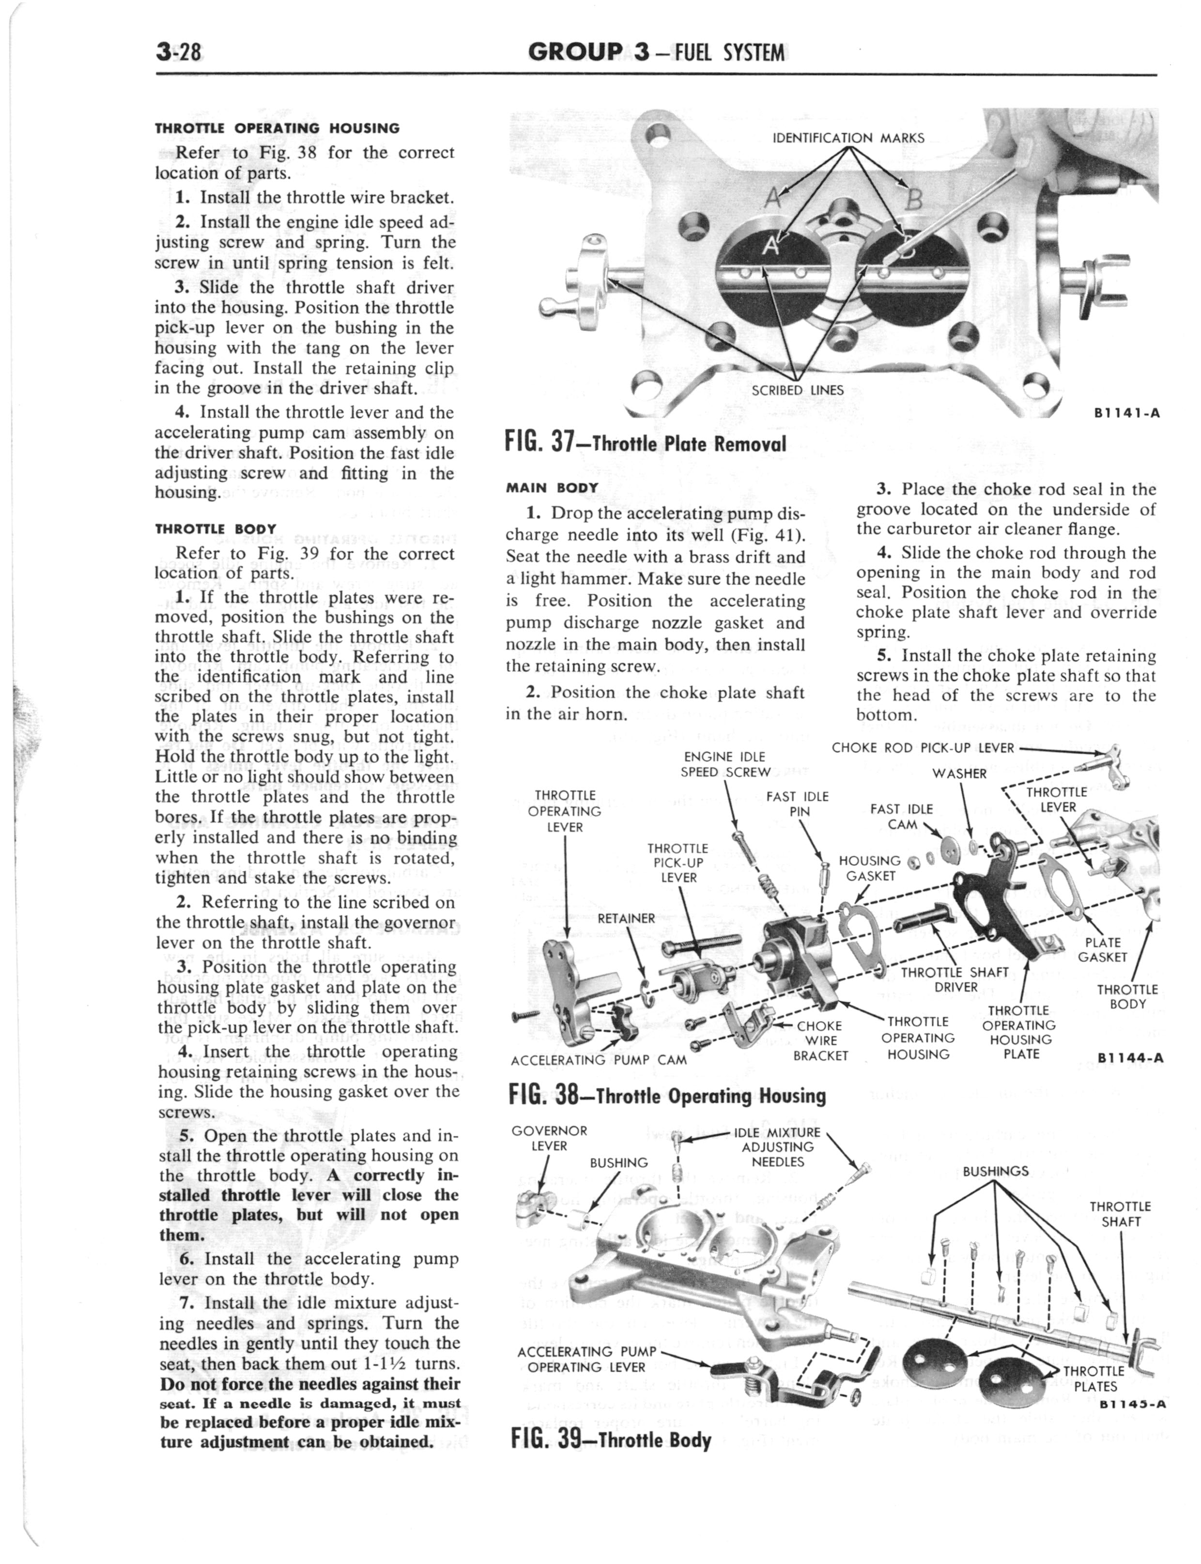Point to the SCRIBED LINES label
(x=797, y=390)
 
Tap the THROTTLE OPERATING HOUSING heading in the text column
(x=277, y=129)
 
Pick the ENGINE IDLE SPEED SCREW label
(x=725, y=764)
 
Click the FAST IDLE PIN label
(x=797, y=804)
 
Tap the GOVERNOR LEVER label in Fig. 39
(x=549, y=1138)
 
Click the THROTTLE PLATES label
(x=1094, y=1379)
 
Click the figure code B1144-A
(x=1129, y=1059)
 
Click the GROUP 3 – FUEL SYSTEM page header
(x=656, y=52)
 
